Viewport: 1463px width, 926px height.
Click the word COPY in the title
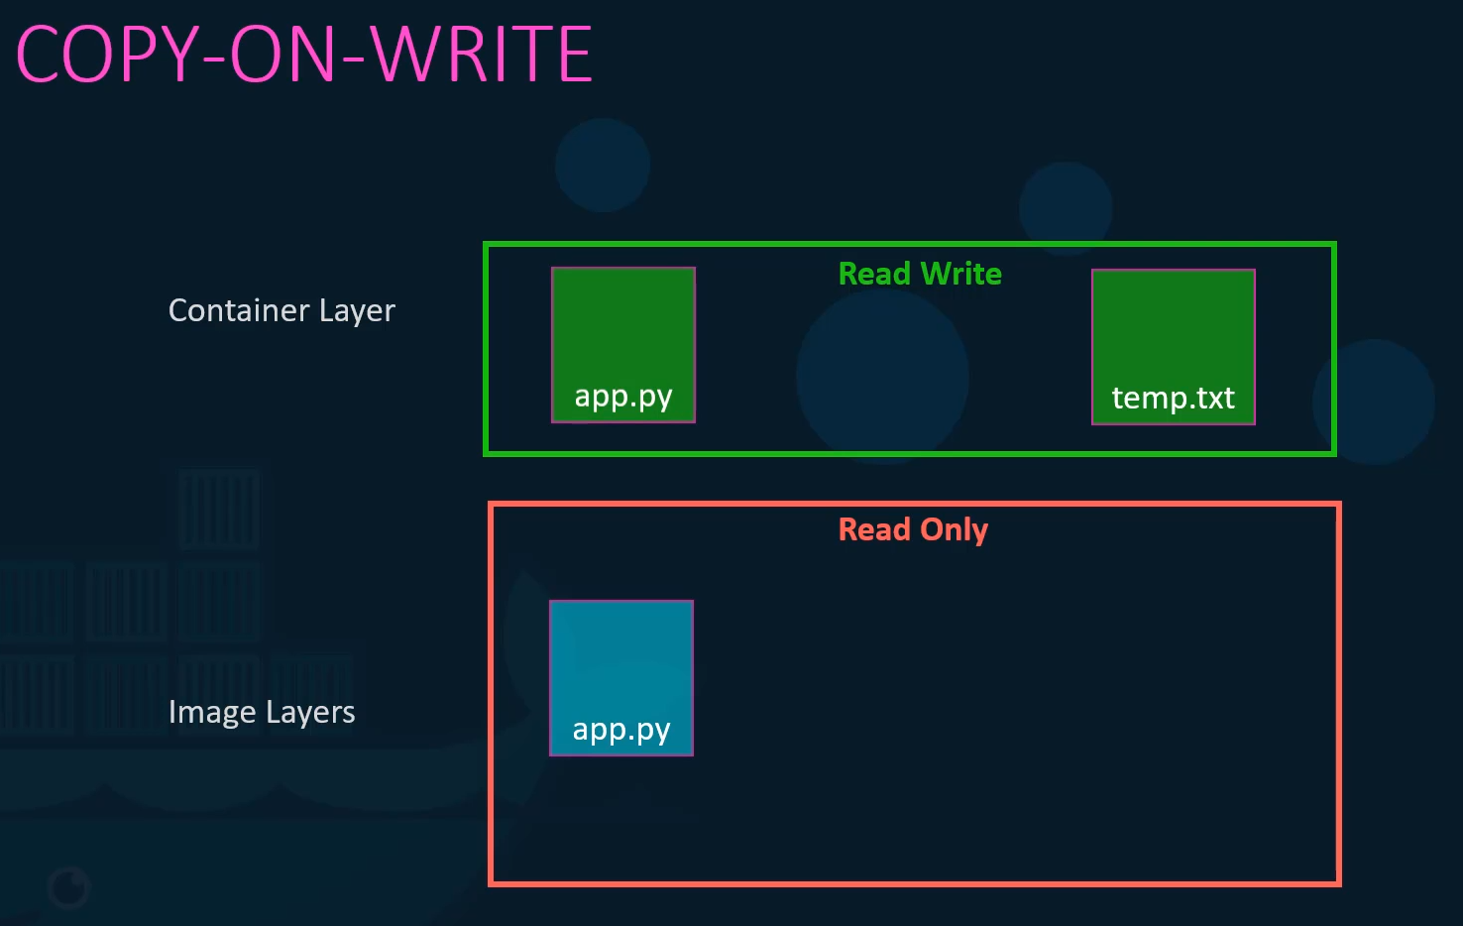tap(106, 54)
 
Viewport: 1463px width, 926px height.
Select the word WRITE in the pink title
tap(483, 54)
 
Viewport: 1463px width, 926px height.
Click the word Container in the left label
tap(239, 309)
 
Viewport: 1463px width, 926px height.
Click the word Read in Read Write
tap(874, 274)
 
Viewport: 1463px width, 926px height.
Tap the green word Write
tap(961, 274)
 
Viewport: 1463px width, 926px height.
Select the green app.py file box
tap(623, 345)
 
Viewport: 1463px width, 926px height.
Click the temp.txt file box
tap(1173, 347)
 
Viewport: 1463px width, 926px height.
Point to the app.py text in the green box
tap(623, 397)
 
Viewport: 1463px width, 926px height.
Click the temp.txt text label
tap(1173, 398)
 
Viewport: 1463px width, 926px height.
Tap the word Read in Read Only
tap(874, 529)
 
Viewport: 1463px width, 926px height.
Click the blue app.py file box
tap(621, 678)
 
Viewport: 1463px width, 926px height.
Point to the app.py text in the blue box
tap(621, 730)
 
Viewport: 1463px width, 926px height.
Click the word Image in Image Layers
tap(211, 712)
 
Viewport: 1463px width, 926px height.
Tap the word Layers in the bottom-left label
tap(310, 712)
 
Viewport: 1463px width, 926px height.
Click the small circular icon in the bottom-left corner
tap(68, 888)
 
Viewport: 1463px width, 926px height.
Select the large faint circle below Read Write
tap(882, 376)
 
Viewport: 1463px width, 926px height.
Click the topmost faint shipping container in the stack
tap(219, 509)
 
